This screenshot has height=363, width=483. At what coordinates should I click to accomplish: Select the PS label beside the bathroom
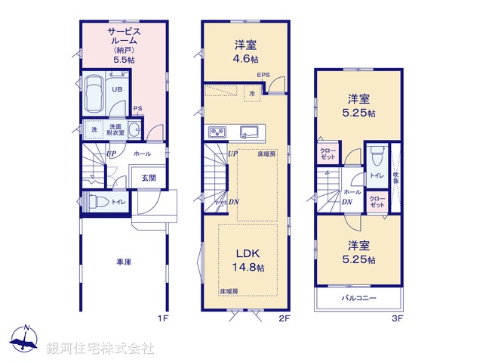(137, 108)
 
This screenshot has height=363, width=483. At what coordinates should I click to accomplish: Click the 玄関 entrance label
(148, 178)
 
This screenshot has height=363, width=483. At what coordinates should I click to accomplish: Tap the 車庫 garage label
(125, 262)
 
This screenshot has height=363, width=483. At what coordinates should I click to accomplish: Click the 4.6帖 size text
(245, 58)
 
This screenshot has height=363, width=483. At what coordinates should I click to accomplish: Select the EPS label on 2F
(263, 75)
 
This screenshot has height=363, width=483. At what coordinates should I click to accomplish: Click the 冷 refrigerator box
(251, 92)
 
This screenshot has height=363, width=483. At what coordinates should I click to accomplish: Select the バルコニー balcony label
(358, 299)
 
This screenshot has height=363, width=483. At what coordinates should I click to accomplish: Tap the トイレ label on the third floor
(376, 175)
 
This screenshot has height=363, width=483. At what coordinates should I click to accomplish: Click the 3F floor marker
(397, 319)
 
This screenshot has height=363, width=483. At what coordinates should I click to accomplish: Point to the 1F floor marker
(162, 319)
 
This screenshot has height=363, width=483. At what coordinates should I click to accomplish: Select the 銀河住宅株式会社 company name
(100, 348)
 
